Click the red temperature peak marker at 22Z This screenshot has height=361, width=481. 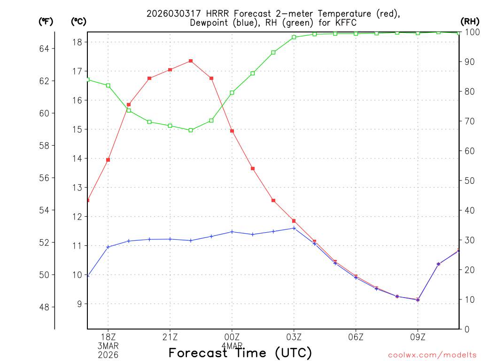click(191, 61)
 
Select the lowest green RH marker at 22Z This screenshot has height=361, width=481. click(191, 130)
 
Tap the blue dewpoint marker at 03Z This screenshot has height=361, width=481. click(294, 228)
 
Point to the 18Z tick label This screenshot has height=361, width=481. click(108, 337)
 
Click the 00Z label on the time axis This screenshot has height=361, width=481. click(232, 337)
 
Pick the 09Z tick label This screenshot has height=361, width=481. click(418, 337)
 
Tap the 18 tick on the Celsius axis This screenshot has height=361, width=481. click(78, 42)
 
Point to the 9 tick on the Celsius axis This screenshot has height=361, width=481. click(80, 304)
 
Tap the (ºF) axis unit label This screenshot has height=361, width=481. click(46, 21)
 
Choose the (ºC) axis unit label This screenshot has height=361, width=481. click(79, 21)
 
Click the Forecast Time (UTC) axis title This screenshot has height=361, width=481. click(240, 353)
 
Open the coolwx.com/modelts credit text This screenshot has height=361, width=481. click(432, 355)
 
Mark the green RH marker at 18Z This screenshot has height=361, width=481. click(108, 85)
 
